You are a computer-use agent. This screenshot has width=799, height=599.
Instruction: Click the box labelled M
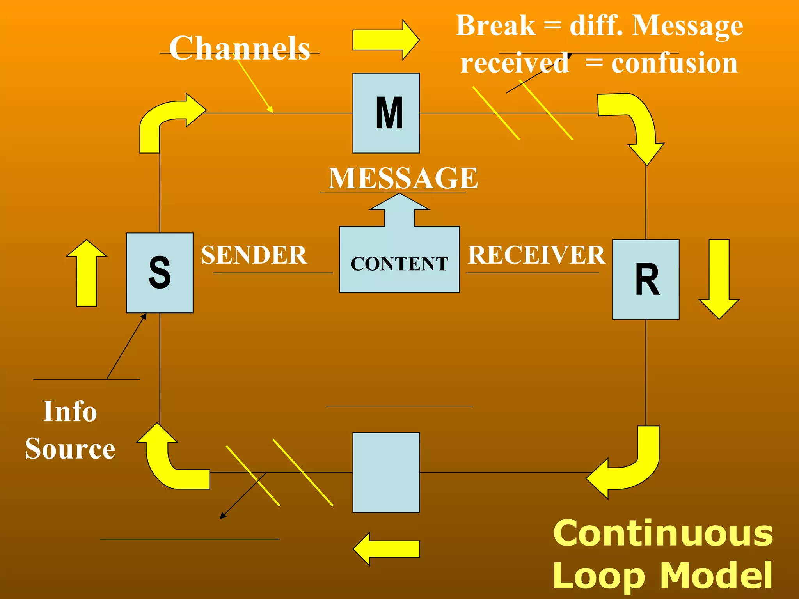click(386, 113)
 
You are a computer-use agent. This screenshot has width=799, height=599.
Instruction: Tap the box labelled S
click(160, 273)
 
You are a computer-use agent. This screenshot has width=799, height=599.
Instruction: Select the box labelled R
click(646, 279)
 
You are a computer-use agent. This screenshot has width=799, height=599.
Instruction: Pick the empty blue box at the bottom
click(386, 472)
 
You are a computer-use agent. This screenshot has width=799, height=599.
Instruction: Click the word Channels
click(240, 48)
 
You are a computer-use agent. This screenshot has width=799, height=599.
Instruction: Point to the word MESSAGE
click(403, 178)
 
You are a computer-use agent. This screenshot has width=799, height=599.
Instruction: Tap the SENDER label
click(254, 255)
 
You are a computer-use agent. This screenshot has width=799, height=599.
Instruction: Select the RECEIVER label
click(536, 255)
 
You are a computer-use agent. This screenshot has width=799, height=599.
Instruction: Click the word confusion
click(674, 64)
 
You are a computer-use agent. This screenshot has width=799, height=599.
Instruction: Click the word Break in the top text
click(495, 26)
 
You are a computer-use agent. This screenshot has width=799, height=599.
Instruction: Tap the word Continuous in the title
click(663, 533)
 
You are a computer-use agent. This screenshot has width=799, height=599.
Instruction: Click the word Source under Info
click(70, 448)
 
